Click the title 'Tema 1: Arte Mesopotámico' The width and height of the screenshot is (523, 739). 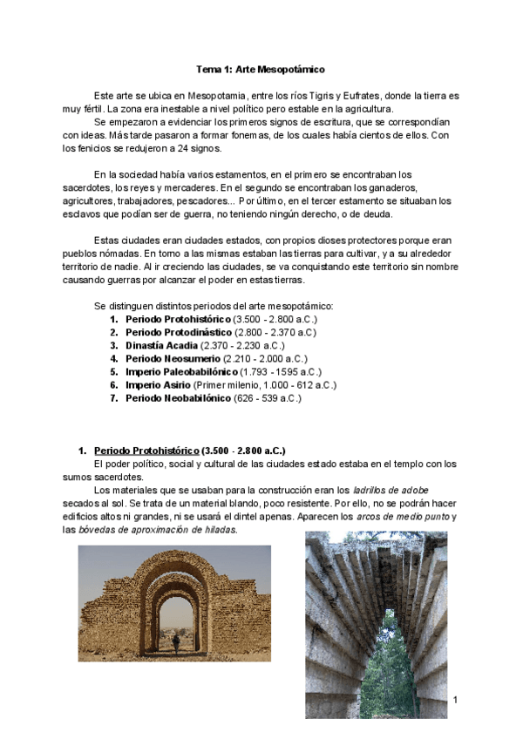pyautogui.click(x=260, y=68)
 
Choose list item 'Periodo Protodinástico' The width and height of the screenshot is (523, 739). pyautogui.click(x=179, y=332)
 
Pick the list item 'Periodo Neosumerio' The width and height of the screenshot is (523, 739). pyautogui.click(x=173, y=358)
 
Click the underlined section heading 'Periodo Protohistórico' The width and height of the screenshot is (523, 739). pyautogui.click(x=146, y=451)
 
